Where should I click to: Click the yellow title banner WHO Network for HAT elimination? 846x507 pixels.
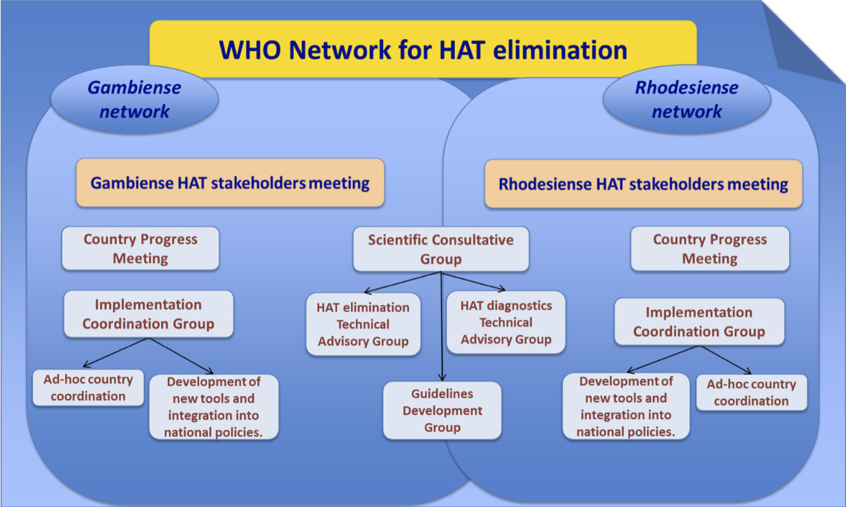(x=423, y=49)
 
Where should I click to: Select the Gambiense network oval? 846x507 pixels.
(x=134, y=99)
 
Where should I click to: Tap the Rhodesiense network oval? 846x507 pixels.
(x=686, y=99)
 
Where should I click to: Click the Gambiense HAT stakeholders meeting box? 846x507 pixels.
(x=230, y=183)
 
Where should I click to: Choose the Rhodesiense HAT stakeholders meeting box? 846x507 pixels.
(x=643, y=184)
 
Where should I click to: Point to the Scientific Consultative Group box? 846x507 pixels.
(x=440, y=249)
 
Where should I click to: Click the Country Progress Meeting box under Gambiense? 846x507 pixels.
(x=141, y=248)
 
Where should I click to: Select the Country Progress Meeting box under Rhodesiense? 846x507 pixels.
(x=710, y=249)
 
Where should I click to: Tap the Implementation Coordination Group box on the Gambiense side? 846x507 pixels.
(x=149, y=314)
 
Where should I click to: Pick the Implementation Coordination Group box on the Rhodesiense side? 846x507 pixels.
(x=699, y=321)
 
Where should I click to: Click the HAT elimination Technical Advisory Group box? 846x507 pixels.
(x=363, y=324)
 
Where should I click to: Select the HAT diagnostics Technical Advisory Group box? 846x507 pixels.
(x=506, y=322)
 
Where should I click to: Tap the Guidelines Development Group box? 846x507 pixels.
(x=442, y=410)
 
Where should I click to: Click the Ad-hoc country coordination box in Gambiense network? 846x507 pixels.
(x=88, y=388)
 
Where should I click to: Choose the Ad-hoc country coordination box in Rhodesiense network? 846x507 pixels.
(x=751, y=393)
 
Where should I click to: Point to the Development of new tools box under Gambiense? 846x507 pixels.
(x=214, y=407)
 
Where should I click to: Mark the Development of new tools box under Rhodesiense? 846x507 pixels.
(x=626, y=407)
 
